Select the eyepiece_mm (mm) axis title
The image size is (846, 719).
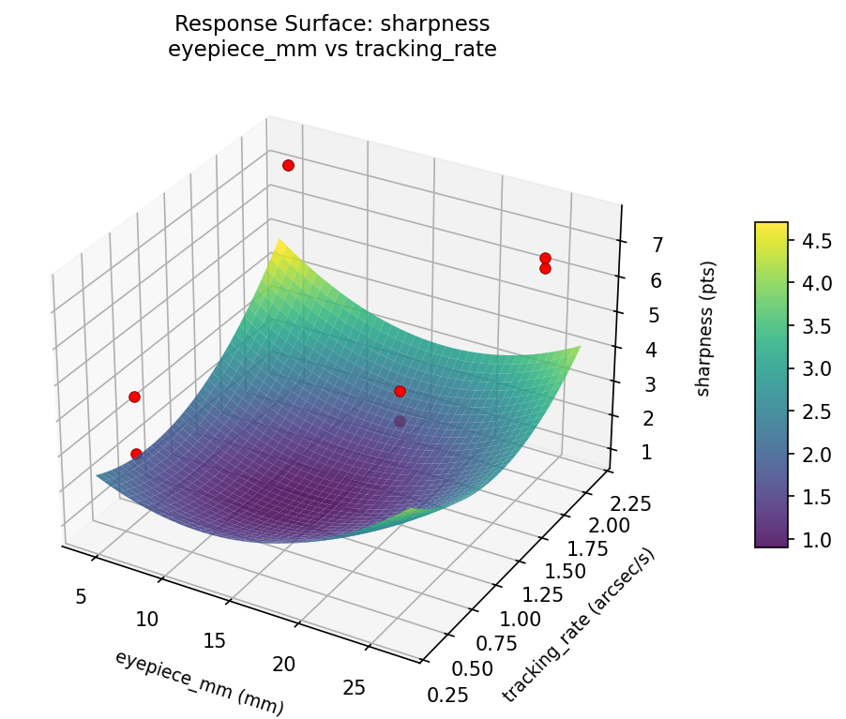pos(199,682)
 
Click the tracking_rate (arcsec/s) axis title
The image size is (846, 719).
pos(579,625)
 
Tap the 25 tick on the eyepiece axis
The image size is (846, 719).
pos(355,689)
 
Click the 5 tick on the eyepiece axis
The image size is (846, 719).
pos(81,597)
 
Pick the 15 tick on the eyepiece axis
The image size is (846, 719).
pos(215,641)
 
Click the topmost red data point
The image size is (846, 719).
pos(288,165)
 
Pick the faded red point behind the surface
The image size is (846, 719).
pos(400,422)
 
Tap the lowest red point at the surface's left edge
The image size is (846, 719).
pos(136,454)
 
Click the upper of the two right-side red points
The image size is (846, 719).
pos(545,258)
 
